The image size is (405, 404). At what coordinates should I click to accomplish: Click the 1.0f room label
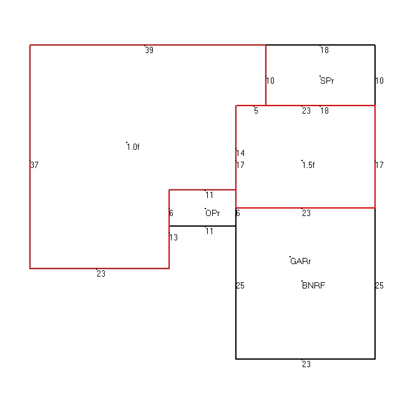pyautogui.click(x=134, y=147)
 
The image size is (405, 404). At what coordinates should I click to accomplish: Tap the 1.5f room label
pyautogui.click(x=308, y=165)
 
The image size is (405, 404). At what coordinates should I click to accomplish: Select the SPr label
pyautogui.click(x=327, y=81)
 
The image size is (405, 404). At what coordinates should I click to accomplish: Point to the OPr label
pyautogui.click(x=213, y=214)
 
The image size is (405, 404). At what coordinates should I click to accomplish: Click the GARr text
pyautogui.click(x=301, y=262)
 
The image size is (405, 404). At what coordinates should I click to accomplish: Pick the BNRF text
pyautogui.click(x=313, y=285)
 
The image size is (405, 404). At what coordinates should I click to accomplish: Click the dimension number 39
pyautogui.click(x=149, y=50)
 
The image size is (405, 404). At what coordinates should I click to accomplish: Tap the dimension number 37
pyautogui.click(x=34, y=165)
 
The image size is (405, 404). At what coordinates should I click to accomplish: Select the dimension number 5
pyautogui.click(x=256, y=111)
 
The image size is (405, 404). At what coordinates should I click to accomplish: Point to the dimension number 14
pyautogui.click(x=240, y=153)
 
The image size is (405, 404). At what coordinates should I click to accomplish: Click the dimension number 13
pyautogui.click(x=173, y=237)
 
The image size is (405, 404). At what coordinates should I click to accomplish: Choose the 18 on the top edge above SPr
pyautogui.click(x=324, y=50)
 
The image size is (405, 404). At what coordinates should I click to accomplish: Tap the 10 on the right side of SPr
pyautogui.click(x=379, y=81)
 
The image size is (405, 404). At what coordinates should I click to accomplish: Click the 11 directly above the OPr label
pyautogui.click(x=209, y=195)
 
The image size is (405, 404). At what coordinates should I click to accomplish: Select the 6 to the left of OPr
pyautogui.click(x=171, y=214)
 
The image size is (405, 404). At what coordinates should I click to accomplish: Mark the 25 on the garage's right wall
pyautogui.click(x=379, y=285)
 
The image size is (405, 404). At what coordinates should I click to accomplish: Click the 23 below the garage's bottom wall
pyautogui.click(x=306, y=365)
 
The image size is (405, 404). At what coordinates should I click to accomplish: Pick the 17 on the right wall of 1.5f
pyautogui.click(x=379, y=165)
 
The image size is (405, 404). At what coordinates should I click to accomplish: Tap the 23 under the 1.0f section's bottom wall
pyautogui.click(x=101, y=273)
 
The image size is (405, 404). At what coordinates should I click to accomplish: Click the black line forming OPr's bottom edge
pyautogui.click(x=202, y=226)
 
